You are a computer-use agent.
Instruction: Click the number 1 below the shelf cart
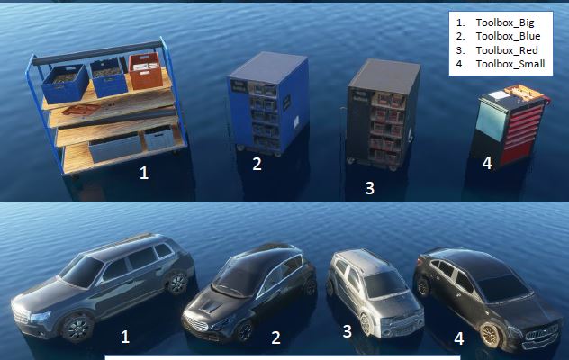[143, 173]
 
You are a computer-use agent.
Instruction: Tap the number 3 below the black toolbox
[369, 188]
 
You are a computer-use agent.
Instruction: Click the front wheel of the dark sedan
[491, 333]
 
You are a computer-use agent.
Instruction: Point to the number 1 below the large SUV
[125, 337]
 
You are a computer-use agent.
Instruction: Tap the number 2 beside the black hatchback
[275, 337]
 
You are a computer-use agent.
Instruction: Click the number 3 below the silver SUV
[347, 331]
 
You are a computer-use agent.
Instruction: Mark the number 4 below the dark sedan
[458, 338]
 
